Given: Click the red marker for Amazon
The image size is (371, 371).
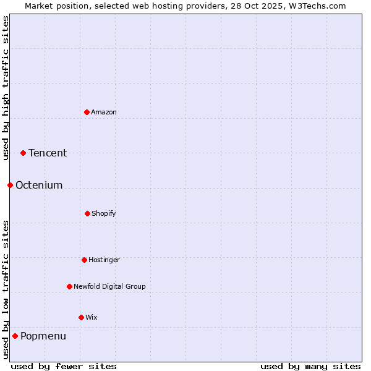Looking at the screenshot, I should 87,112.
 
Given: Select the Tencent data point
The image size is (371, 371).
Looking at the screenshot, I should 23,153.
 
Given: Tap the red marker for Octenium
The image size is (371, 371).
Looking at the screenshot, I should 10,185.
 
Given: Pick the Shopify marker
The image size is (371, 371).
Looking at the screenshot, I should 87,213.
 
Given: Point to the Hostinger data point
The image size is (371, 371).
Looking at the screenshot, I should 84,260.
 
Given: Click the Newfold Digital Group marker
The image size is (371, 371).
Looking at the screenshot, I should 69,286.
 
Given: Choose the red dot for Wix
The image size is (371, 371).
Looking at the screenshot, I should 81,317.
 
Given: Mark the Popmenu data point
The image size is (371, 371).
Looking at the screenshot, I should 15,336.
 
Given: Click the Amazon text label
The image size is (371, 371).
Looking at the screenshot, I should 104,112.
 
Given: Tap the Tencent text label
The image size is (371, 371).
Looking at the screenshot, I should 48,153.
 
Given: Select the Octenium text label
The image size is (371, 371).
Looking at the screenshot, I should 39,185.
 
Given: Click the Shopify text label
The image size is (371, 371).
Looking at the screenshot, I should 104,213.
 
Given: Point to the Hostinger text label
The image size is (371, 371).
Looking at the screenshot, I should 104,260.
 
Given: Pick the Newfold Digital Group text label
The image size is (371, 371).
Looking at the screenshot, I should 109,286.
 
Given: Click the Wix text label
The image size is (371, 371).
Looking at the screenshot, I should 92,317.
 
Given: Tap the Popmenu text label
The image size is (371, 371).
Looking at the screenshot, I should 43,336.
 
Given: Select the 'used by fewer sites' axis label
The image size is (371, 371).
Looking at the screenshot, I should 64,366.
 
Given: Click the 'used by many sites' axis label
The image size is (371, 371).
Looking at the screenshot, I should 310,366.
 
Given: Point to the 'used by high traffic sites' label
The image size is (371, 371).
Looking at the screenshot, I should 6,88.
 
